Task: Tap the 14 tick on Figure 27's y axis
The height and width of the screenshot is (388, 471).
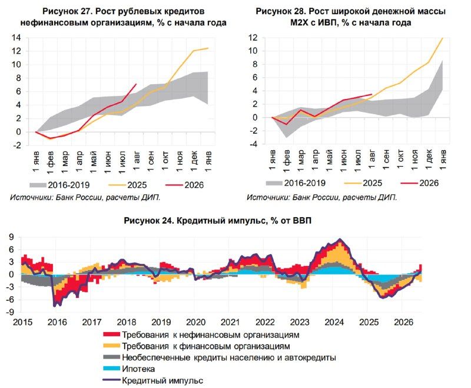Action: click(x=16, y=38)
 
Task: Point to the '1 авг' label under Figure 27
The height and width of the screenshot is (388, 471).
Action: click(x=137, y=161)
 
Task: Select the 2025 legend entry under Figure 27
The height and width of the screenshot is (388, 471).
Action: click(x=127, y=185)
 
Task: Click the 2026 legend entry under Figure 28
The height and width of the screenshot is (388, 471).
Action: click(x=420, y=183)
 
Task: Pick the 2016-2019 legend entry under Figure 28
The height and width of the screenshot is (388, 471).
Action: click(x=296, y=183)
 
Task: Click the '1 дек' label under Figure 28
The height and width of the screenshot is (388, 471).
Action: click(x=429, y=160)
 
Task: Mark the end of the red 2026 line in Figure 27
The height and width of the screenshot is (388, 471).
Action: click(x=137, y=84)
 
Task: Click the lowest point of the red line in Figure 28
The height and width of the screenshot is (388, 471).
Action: click(x=287, y=124)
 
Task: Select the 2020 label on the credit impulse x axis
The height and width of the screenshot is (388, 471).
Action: click(x=196, y=322)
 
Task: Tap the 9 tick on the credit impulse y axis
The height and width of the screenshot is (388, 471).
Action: click(x=11, y=237)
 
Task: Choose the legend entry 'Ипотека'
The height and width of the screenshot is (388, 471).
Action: click(x=128, y=369)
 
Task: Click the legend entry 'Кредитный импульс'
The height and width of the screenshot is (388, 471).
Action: click(x=153, y=381)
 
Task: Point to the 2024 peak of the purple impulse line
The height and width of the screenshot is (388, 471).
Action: click(x=340, y=239)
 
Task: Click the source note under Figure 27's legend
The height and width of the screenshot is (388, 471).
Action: click(x=85, y=198)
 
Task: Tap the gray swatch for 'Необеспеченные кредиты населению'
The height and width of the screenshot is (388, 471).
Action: click(x=111, y=357)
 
